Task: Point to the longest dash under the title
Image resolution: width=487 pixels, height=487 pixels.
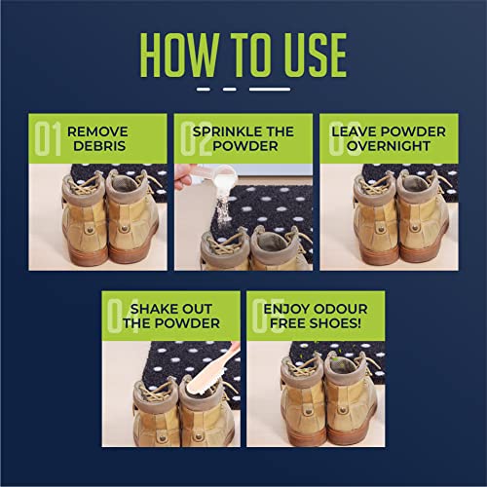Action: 270,90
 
